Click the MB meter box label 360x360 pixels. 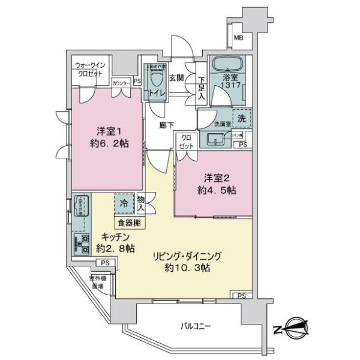239,40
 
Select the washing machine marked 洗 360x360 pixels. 240,119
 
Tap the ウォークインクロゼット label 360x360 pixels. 89,70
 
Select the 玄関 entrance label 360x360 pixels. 176,77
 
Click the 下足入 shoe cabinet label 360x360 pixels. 202,88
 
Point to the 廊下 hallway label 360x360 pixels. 166,125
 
